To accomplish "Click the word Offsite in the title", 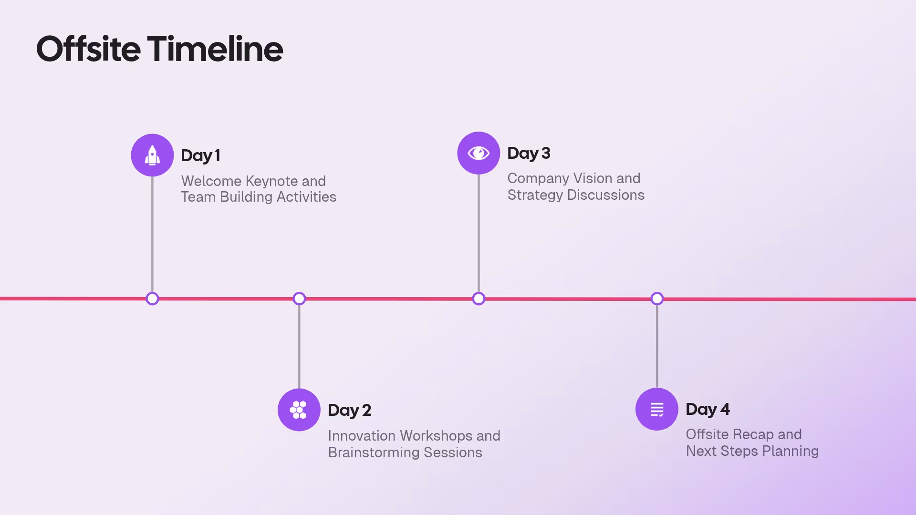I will (x=89, y=49).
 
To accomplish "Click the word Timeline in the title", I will (x=215, y=49).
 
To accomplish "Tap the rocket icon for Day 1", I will (x=152, y=155).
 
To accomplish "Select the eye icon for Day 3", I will (x=479, y=153).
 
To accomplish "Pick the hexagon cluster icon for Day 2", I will (x=299, y=410).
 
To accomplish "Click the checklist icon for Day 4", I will (x=657, y=409).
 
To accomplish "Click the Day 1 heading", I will (x=200, y=155).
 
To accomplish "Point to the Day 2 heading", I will (x=349, y=410).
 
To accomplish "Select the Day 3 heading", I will (x=529, y=153).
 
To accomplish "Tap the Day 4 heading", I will (x=708, y=409).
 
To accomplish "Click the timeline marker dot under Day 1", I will (x=152, y=299).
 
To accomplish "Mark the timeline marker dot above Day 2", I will (x=299, y=299).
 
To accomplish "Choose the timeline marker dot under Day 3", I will (x=479, y=299).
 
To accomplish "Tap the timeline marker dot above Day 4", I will (x=657, y=299).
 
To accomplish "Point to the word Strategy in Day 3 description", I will (x=535, y=195).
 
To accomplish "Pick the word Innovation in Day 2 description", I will (x=362, y=436).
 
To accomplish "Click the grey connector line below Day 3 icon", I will (x=479, y=234).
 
